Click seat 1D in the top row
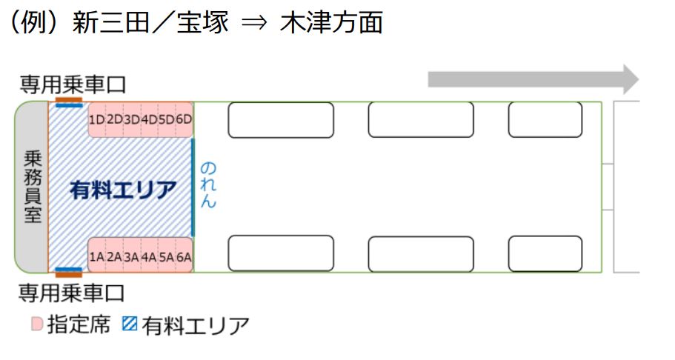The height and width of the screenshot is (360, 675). (96, 119)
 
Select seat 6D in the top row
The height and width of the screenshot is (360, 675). (184, 119)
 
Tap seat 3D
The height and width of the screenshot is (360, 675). (132, 119)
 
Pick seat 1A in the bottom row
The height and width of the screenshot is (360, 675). (96, 257)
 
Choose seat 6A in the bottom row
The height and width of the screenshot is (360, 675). (184, 257)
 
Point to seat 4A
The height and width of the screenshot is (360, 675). (149, 257)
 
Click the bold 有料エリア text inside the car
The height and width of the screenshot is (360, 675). (123, 190)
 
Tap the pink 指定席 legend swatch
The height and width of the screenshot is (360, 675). (37, 324)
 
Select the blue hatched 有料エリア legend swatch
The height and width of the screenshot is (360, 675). (129, 324)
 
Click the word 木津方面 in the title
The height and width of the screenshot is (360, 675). (331, 23)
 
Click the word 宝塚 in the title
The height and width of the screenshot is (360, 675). (202, 23)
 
